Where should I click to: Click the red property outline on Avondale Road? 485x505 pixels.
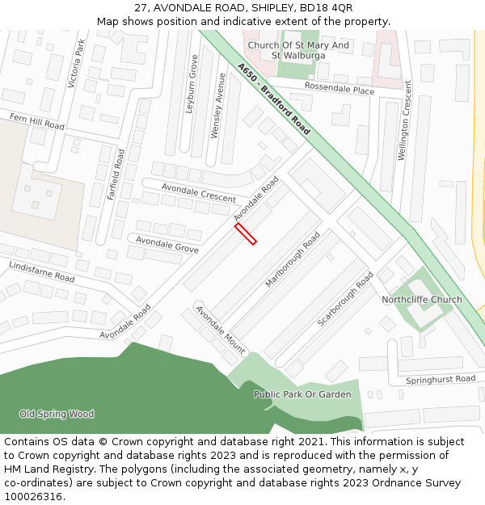pos(246,234)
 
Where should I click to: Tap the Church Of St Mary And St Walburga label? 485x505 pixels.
pos(298,50)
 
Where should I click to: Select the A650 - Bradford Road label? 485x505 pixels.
pos(274,99)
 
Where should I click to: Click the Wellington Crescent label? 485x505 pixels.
pos(407,120)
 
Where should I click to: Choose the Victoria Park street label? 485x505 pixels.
pos(78,63)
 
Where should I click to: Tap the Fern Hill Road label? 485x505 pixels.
pos(37,122)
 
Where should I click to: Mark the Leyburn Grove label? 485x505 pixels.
pos(192,84)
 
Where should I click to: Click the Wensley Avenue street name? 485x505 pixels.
pos(217,106)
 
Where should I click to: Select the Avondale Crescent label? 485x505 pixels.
pos(198,192)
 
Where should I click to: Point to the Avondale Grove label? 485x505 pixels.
pos(167,245)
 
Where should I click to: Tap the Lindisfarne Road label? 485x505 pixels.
pos(42,271)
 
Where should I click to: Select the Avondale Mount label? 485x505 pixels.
pos(220,330)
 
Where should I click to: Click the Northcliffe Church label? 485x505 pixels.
pos(422,300)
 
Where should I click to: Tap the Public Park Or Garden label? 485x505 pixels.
pos(302,394)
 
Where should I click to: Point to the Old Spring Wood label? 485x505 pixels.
pos(57,415)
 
